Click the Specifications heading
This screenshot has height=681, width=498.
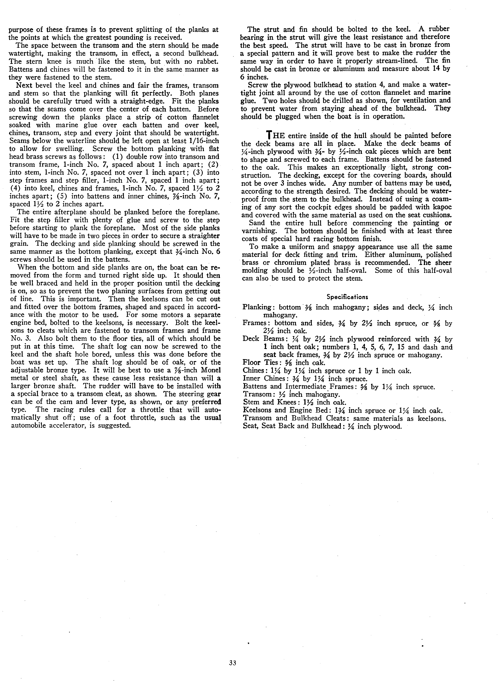pos(347,297)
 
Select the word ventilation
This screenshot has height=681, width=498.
pos(409,100)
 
